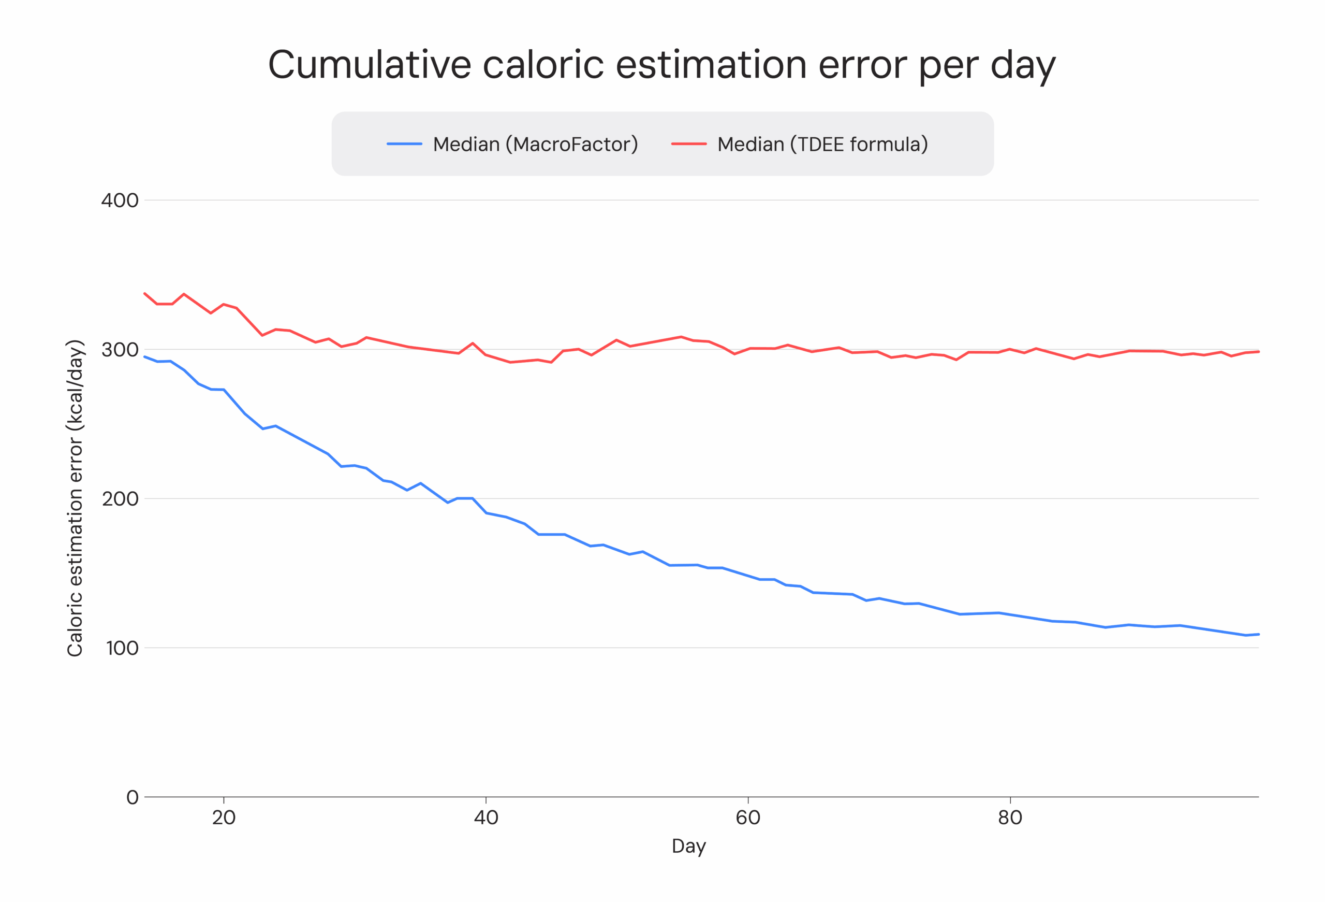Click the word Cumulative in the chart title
[370, 65]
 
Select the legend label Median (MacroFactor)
[535, 145]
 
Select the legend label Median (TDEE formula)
[822, 145]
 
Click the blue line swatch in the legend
[404, 145]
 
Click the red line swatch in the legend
[688, 145]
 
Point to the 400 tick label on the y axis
[120, 201]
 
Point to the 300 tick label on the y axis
[120, 350]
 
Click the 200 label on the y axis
[120, 499]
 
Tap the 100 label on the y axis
[122, 649]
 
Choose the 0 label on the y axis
[132, 797]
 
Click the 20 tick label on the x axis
[224, 818]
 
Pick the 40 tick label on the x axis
[486, 818]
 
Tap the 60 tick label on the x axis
[748, 818]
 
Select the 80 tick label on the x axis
[1010, 818]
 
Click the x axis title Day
[689, 846]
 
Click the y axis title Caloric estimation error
[75, 498]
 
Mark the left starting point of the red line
[145, 293]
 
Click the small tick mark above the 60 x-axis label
[748, 801]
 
